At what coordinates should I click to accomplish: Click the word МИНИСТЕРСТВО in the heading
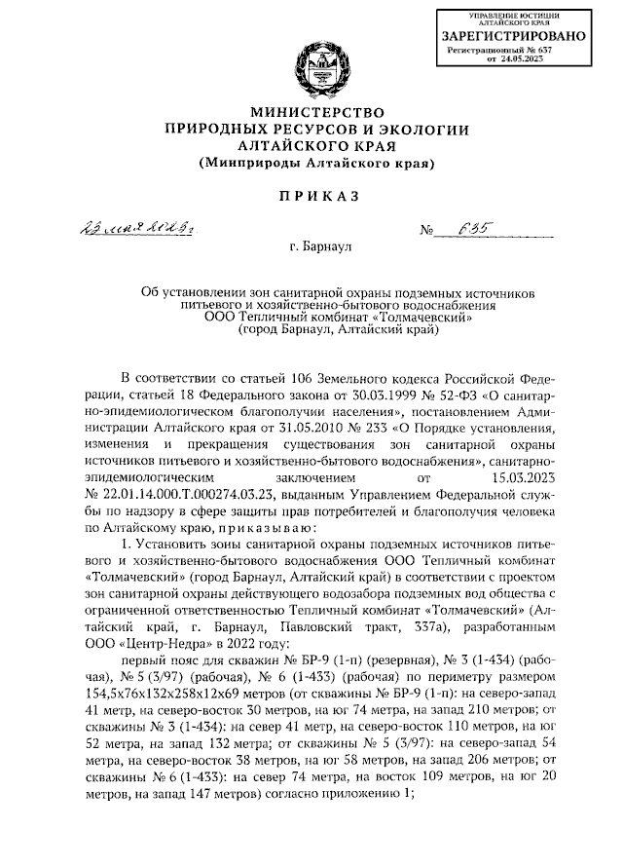coord(317,112)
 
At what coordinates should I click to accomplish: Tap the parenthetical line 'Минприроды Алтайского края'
coord(317,163)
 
